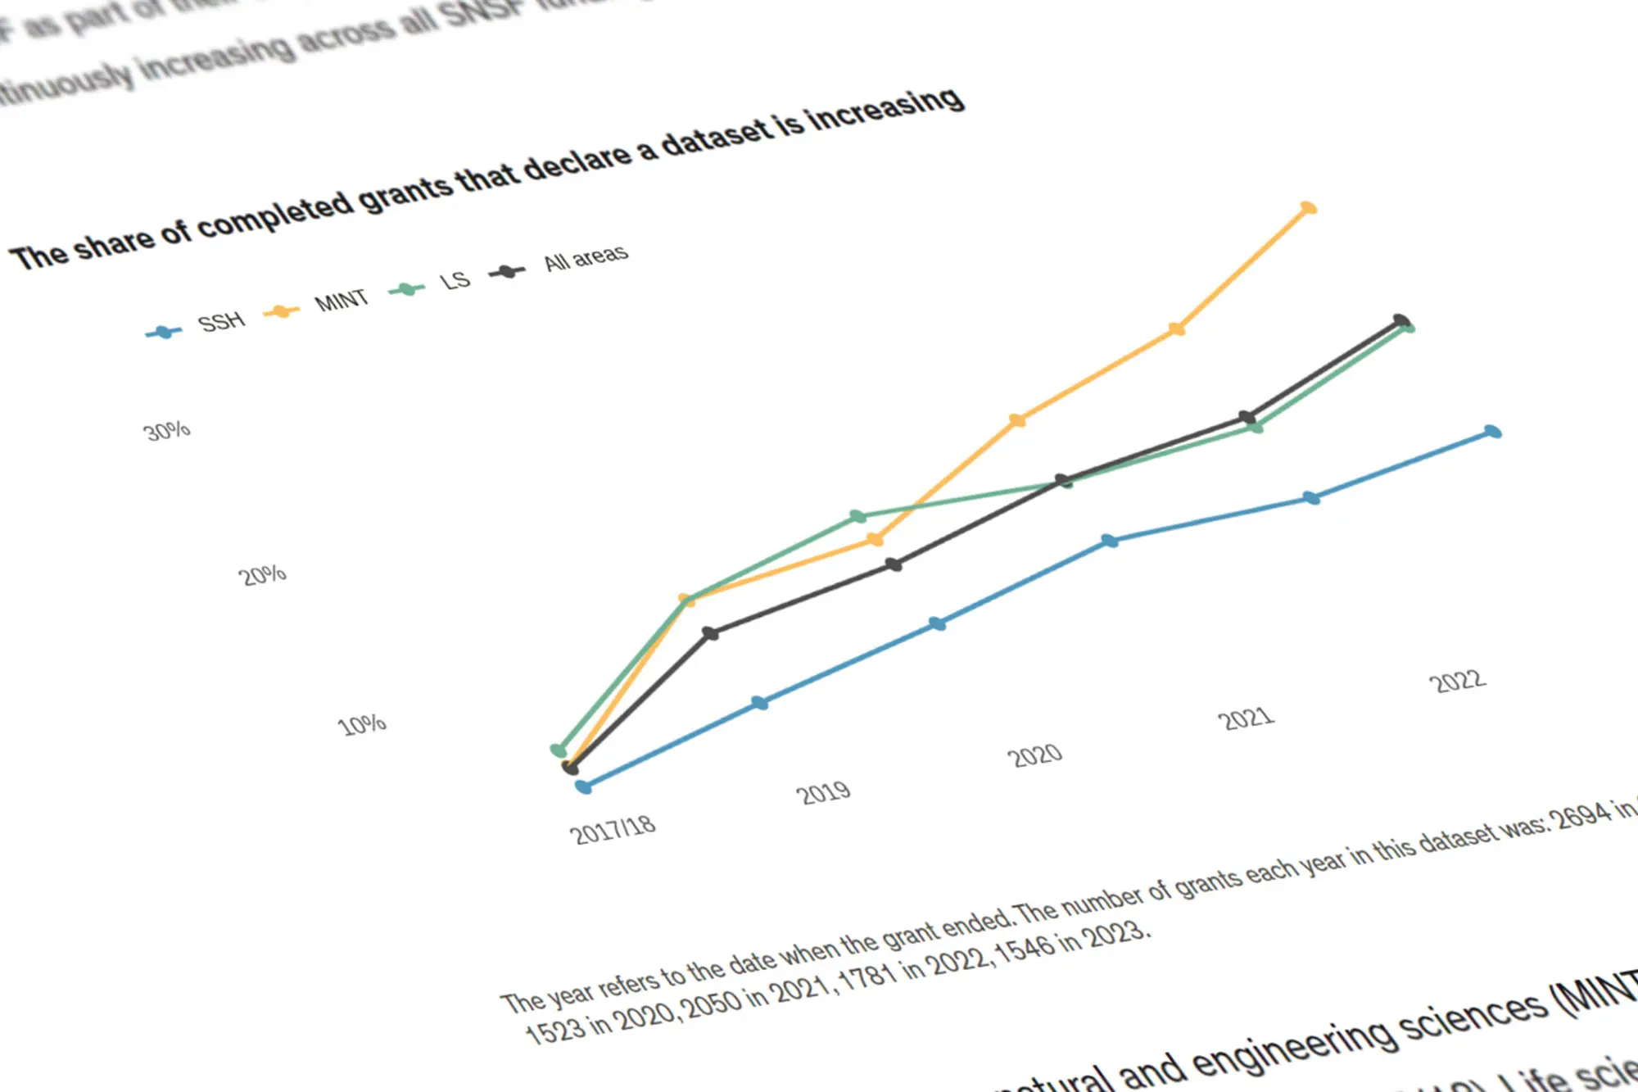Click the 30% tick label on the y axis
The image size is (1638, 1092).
coord(167,431)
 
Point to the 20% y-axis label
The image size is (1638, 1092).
coord(262,575)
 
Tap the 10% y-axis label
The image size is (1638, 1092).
coord(361,725)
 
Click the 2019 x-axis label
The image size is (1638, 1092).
coord(823,793)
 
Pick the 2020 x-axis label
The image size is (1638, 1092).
coord(1034,755)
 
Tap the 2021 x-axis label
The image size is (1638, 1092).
coord(1246,718)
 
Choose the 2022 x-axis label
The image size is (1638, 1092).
coord(1457,682)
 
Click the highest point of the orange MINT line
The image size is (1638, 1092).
coord(1309,208)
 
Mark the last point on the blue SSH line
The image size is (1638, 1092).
coord(1493,432)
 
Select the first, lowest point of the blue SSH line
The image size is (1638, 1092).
coord(583,787)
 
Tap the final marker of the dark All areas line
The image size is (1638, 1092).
coord(1401,320)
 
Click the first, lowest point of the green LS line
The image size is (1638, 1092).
coord(559,750)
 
